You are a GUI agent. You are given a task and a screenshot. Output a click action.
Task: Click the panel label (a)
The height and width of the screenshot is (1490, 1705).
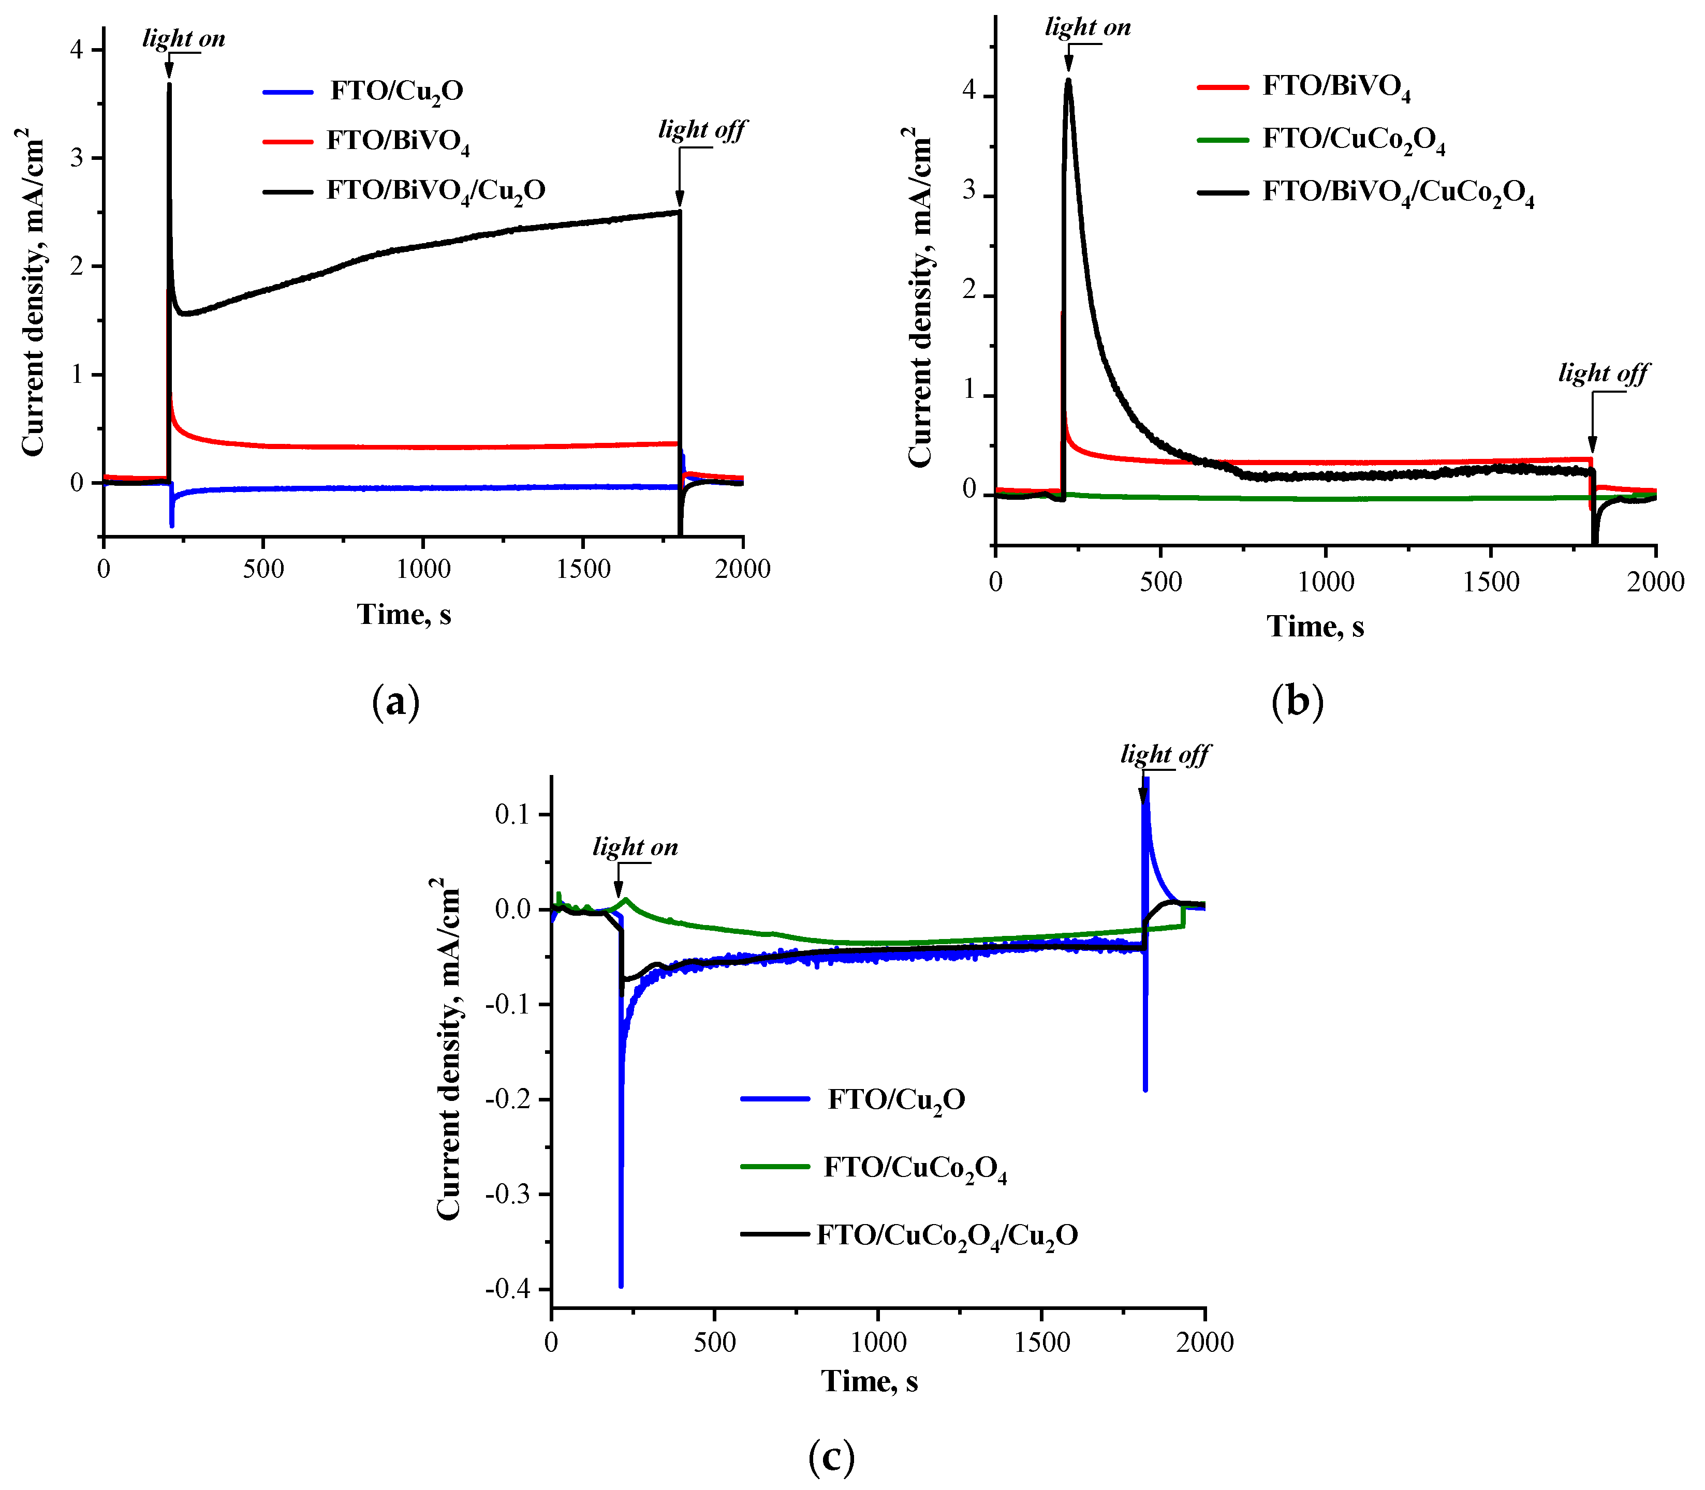pyautogui.click(x=396, y=702)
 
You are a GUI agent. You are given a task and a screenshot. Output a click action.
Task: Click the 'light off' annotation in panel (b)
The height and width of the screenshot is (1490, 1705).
pyautogui.click(x=1603, y=374)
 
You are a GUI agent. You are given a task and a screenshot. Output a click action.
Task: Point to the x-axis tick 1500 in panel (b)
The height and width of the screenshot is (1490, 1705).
pyautogui.click(x=1491, y=581)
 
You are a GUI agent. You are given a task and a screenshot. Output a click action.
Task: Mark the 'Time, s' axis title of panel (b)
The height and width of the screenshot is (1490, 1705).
pyautogui.click(x=1315, y=626)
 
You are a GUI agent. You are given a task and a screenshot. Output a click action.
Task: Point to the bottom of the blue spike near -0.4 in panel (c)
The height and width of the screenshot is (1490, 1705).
pyautogui.click(x=621, y=1286)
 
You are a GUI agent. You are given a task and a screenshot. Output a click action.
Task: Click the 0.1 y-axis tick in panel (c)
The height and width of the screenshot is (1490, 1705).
pyautogui.click(x=512, y=814)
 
